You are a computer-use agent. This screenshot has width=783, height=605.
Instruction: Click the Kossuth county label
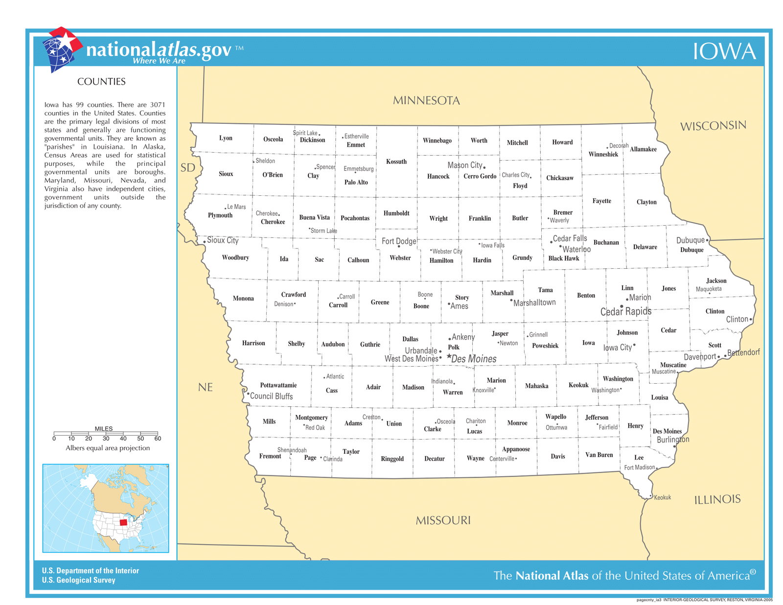[x=396, y=162]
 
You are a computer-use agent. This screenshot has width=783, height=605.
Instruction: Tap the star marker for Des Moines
[x=449, y=356]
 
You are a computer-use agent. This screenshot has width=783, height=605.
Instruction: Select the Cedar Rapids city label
[x=625, y=311]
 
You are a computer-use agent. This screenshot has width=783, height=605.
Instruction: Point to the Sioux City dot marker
[x=205, y=242]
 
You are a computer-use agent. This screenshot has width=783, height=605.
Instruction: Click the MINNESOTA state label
[x=426, y=100]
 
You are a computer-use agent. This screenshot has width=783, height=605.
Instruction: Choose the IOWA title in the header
[x=724, y=51]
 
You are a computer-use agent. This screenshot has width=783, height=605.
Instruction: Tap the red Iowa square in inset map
[x=123, y=522]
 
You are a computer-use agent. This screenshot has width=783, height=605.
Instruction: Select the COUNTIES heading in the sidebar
[x=101, y=82]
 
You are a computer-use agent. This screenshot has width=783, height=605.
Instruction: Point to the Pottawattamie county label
[x=278, y=385]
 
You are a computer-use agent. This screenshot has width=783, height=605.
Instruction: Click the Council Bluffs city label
[x=271, y=396]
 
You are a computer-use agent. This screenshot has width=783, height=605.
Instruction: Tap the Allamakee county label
[x=643, y=149]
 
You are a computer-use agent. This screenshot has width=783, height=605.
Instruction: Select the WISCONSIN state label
[x=713, y=126]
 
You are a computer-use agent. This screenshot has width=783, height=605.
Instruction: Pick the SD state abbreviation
[x=187, y=168]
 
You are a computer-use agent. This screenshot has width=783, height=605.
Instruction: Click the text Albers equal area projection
[x=108, y=448]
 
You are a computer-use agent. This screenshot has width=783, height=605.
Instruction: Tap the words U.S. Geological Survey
[x=78, y=580]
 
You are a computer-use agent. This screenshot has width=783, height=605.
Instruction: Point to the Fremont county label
[x=270, y=456]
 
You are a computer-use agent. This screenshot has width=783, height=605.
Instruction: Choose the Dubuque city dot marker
[x=707, y=240]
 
